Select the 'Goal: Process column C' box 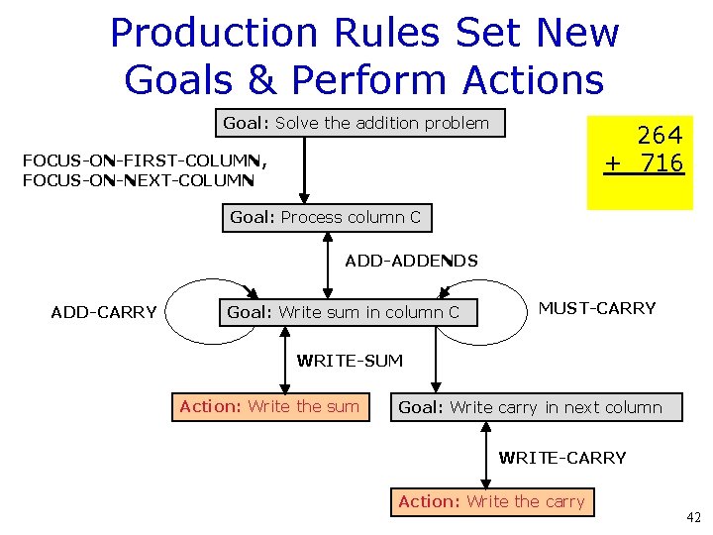(x=327, y=217)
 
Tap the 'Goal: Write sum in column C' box (x=345, y=312)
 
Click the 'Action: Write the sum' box (x=269, y=407)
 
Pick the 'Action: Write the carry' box (x=491, y=502)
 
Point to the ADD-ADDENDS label (x=411, y=262)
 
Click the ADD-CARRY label (x=104, y=313)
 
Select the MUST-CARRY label (x=596, y=308)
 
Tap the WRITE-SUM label (x=350, y=361)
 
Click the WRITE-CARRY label (x=561, y=458)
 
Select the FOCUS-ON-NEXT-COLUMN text (x=139, y=180)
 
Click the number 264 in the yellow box (x=660, y=135)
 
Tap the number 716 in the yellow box (x=662, y=162)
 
